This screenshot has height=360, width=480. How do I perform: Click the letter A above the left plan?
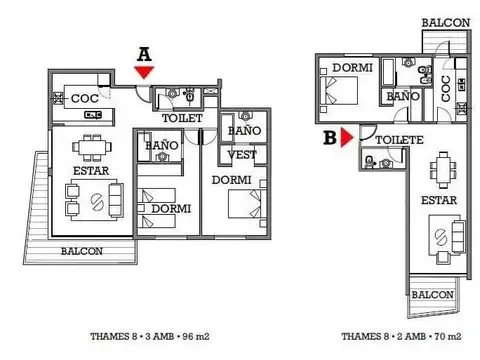pos(144,54)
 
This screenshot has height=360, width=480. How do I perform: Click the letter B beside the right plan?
pos(329,138)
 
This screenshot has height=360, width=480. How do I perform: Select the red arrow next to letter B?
pos(346,139)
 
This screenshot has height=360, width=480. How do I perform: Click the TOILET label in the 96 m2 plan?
pos(182,118)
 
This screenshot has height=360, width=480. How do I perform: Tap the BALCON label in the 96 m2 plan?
pos(82,251)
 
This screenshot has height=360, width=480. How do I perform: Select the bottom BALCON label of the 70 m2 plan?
pos(432,295)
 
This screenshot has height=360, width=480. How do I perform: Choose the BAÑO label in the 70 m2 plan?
pos(403,96)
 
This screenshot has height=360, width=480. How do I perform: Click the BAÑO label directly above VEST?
pos(244,131)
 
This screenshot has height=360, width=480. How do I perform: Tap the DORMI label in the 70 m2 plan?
pos(353,67)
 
